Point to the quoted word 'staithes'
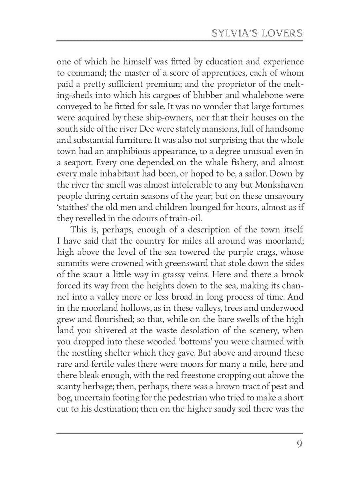pyautogui.click(x=74, y=208)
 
